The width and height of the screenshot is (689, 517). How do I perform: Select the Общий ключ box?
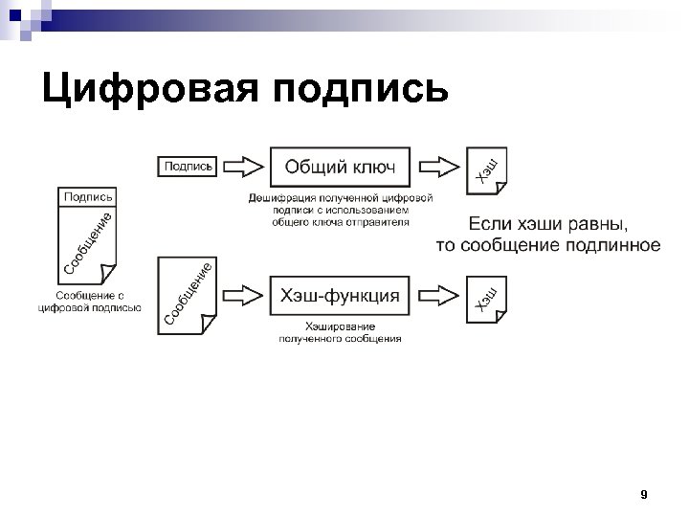point(339,168)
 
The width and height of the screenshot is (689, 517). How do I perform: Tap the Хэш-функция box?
point(339,296)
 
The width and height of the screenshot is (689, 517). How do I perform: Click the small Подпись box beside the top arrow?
point(189,167)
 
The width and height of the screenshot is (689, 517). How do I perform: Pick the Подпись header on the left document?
point(88,196)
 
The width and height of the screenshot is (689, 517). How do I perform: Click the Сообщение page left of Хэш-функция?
point(186,293)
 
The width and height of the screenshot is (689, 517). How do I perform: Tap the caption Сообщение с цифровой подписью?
point(89,302)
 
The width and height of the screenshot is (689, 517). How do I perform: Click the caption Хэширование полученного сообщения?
point(339,332)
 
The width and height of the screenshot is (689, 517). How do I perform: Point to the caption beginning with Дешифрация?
point(339,209)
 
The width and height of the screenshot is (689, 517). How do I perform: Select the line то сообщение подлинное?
point(548,245)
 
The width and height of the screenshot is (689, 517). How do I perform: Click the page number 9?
point(643,495)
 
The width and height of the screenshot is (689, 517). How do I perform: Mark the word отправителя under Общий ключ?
point(378,221)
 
